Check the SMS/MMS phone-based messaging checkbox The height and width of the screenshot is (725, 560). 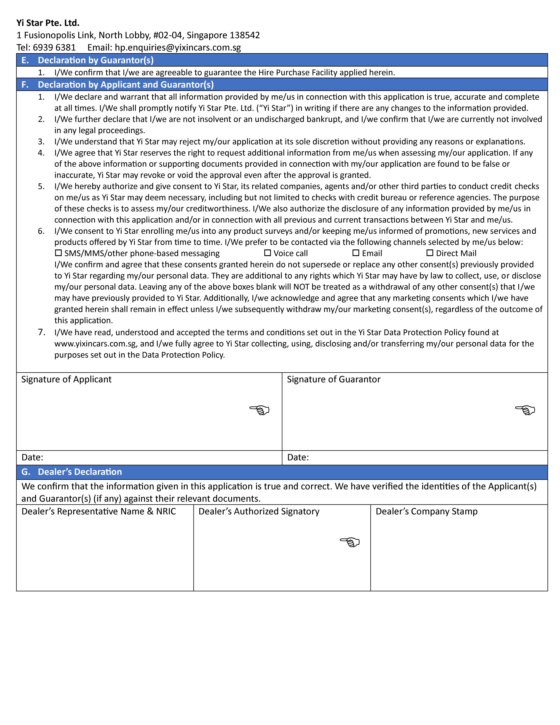[58, 253]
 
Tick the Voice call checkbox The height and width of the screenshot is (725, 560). [267, 253]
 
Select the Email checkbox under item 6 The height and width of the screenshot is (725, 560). [356, 253]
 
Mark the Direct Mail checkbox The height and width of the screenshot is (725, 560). [430, 253]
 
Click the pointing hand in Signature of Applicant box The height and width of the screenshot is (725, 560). [259, 410]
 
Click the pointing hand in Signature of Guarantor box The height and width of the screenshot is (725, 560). [525, 410]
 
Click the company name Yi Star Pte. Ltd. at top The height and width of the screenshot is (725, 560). [48, 23]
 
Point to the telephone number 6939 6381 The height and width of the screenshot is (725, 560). [54, 47]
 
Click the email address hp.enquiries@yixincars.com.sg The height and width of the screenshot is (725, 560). [178, 47]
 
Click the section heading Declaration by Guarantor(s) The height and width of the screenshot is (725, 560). [96, 60]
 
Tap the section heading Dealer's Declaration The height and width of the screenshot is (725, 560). [80, 472]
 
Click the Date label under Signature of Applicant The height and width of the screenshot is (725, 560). [32, 457]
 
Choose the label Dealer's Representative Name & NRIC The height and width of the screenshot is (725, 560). [99, 511]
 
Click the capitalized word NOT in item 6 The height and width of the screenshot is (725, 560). [301, 287]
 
